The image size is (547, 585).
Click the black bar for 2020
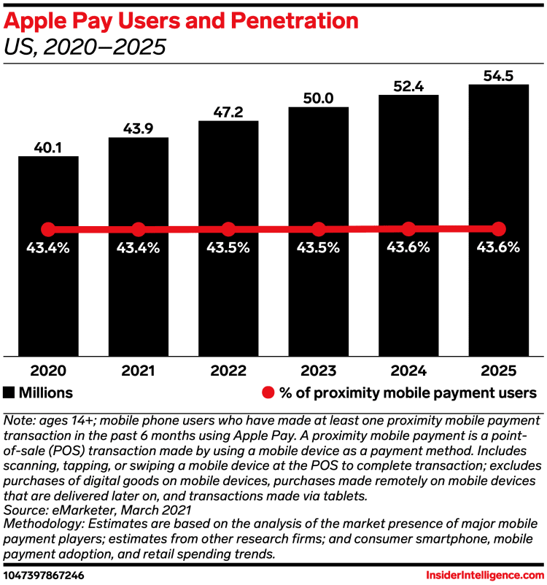(x=48, y=292)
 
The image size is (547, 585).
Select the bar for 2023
(x=319, y=292)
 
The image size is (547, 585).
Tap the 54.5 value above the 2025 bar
(x=498, y=74)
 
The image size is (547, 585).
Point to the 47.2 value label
(x=228, y=111)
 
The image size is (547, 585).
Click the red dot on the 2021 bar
(x=139, y=228)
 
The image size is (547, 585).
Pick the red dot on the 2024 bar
(x=408, y=228)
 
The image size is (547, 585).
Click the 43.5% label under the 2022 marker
(x=228, y=248)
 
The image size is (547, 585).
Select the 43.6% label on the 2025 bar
(x=498, y=248)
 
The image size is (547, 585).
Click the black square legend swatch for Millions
(x=9, y=392)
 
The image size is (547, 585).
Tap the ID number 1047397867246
(x=49, y=575)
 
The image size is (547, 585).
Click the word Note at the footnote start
(x=18, y=421)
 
